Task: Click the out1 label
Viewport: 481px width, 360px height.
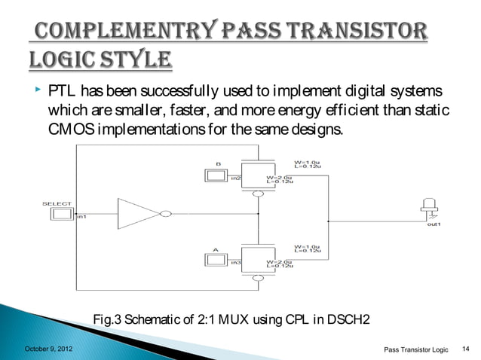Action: click(434, 224)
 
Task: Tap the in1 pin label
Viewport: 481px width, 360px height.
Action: click(82, 218)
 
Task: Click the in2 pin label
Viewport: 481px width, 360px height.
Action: click(236, 178)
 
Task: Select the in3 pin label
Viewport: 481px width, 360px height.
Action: click(236, 262)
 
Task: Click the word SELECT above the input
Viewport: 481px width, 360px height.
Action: click(57, 203)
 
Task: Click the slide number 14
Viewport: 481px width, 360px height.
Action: click(464, 348)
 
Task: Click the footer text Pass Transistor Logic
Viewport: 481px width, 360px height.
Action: click(415, 349)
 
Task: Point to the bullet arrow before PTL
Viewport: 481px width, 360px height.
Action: click(35, 90)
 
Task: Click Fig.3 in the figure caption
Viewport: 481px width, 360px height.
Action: click(108, 321)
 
